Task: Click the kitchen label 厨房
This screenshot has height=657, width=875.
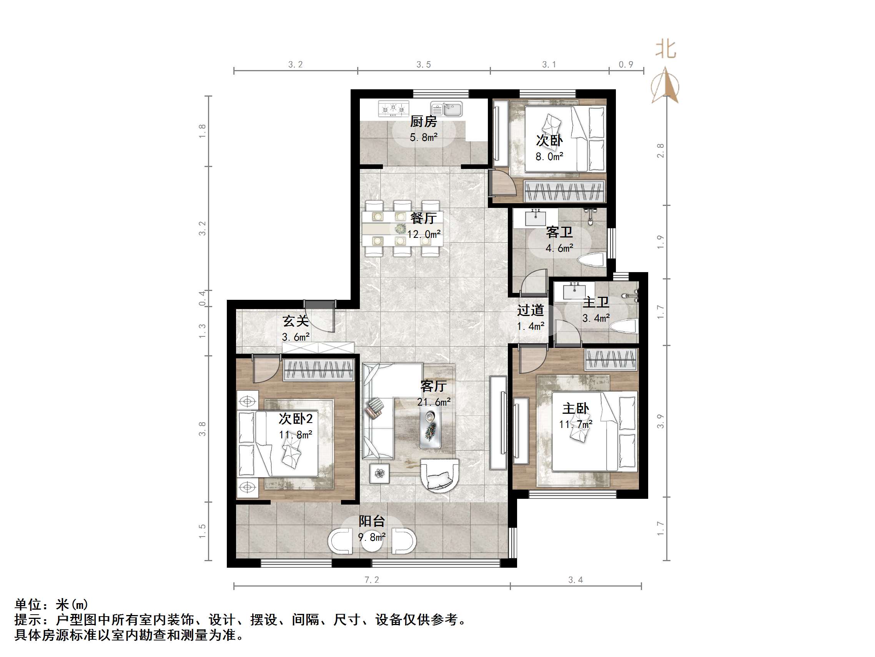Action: click(423, 121)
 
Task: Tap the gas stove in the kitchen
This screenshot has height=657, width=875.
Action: click(393, 109)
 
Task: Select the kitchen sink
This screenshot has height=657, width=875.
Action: click(447, 109)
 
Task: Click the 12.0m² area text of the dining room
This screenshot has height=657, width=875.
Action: click(424, 234)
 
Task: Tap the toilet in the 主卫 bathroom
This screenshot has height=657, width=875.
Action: click(624, 326)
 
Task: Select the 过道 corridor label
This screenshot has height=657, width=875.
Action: click(531, 310)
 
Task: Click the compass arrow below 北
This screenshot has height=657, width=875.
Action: click(666, 85)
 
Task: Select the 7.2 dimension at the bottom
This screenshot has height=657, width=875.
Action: click(371, 580)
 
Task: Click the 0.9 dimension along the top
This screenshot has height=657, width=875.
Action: click(626, 64)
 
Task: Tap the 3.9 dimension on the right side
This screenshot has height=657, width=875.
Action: click(660, 421)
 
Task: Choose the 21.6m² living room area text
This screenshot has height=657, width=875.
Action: click(434, 402)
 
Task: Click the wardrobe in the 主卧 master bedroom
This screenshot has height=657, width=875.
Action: click(611, 359)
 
